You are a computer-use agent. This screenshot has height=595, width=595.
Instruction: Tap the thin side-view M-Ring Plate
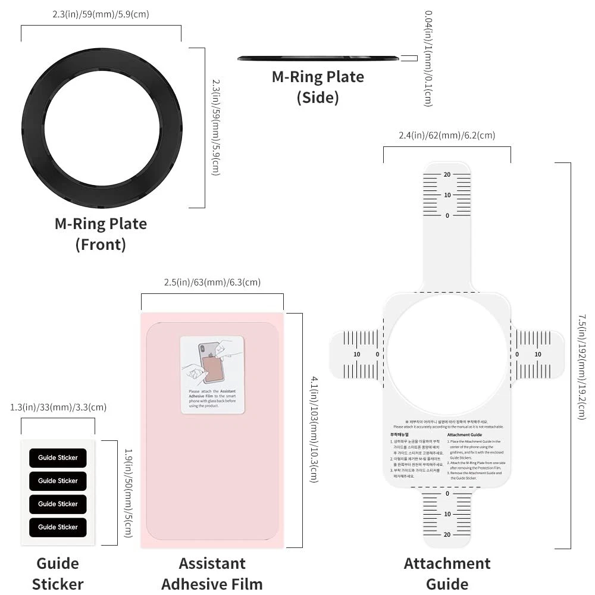pos(318,58)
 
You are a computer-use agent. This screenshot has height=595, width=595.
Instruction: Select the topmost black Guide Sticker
pos(58,458)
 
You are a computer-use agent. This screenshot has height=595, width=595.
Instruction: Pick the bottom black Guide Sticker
pos(58,527)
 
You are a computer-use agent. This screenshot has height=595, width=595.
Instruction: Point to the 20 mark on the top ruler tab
pos(447,174)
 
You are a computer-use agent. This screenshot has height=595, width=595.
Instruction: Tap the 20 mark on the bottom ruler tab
pos(447,534)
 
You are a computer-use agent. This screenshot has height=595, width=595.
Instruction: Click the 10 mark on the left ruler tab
pos(357,355)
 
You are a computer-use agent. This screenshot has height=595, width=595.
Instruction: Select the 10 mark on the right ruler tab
pos(538,355)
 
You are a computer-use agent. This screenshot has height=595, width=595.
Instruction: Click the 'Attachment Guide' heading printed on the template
pos(465,435)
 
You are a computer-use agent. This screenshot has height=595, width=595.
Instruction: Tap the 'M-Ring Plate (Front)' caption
pos(101,234)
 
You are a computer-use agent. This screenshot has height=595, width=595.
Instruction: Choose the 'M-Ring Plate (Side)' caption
pos(318,87)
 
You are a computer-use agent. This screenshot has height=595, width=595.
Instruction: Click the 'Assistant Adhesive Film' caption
pos(212,574)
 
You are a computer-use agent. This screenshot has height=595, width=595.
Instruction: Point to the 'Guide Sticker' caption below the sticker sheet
pos(58,574)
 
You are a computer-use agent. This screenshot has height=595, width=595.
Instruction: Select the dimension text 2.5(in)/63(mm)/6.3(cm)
pos(212,283)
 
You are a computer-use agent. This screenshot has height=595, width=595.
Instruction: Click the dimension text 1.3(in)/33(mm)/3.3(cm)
pos(58,408)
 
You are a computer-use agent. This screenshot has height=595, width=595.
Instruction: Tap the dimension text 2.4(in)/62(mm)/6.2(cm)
pos(447,136)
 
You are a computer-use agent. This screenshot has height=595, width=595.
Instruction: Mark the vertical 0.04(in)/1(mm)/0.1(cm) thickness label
pos(427,58)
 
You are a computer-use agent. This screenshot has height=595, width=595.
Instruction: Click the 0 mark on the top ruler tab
pos(447,215)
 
